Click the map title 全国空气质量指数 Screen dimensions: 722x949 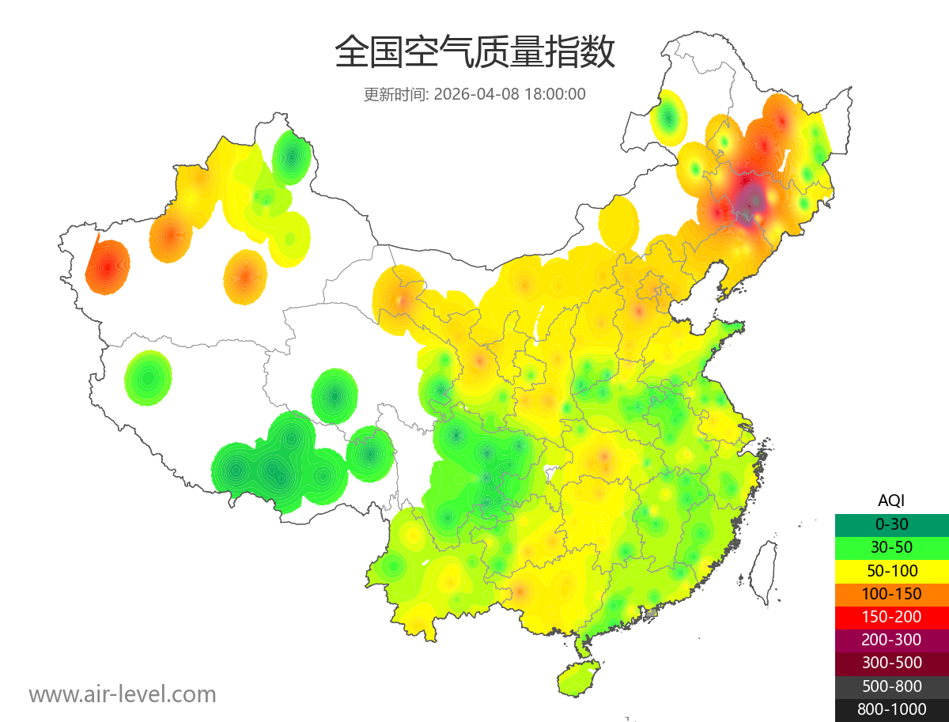475,53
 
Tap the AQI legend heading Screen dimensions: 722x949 891,501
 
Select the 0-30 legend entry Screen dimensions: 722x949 891,524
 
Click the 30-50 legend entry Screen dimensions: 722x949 891,546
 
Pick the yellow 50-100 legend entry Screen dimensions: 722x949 891,570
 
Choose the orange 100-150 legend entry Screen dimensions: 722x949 891,593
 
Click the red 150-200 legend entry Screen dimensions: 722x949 891,616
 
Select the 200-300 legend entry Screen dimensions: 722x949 891,640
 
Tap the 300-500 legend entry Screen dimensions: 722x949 891,663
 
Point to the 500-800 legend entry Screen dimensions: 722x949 891,686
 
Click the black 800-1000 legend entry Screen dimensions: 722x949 891,709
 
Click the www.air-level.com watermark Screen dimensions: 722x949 123,694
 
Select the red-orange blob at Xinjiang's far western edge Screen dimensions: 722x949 108,266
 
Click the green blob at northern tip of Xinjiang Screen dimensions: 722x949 291,157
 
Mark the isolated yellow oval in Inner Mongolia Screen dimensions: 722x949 618,223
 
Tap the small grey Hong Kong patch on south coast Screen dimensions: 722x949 651,613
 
